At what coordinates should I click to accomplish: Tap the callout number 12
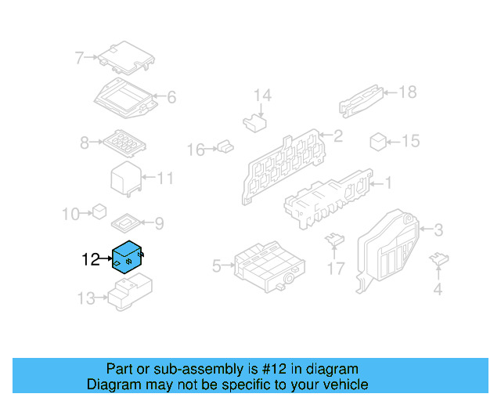point(91,259)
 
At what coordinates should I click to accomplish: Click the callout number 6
point(171,98)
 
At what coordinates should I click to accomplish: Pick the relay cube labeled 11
point(125,179)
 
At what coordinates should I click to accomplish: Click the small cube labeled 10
point(99,211)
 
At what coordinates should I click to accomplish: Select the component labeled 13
point(130,296)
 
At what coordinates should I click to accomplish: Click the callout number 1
point(386,183)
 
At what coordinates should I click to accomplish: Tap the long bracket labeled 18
point(361,99)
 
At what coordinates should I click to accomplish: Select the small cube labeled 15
point(378,141)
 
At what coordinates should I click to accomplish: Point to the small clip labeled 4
point(440,259)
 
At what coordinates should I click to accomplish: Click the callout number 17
point(335,269)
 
